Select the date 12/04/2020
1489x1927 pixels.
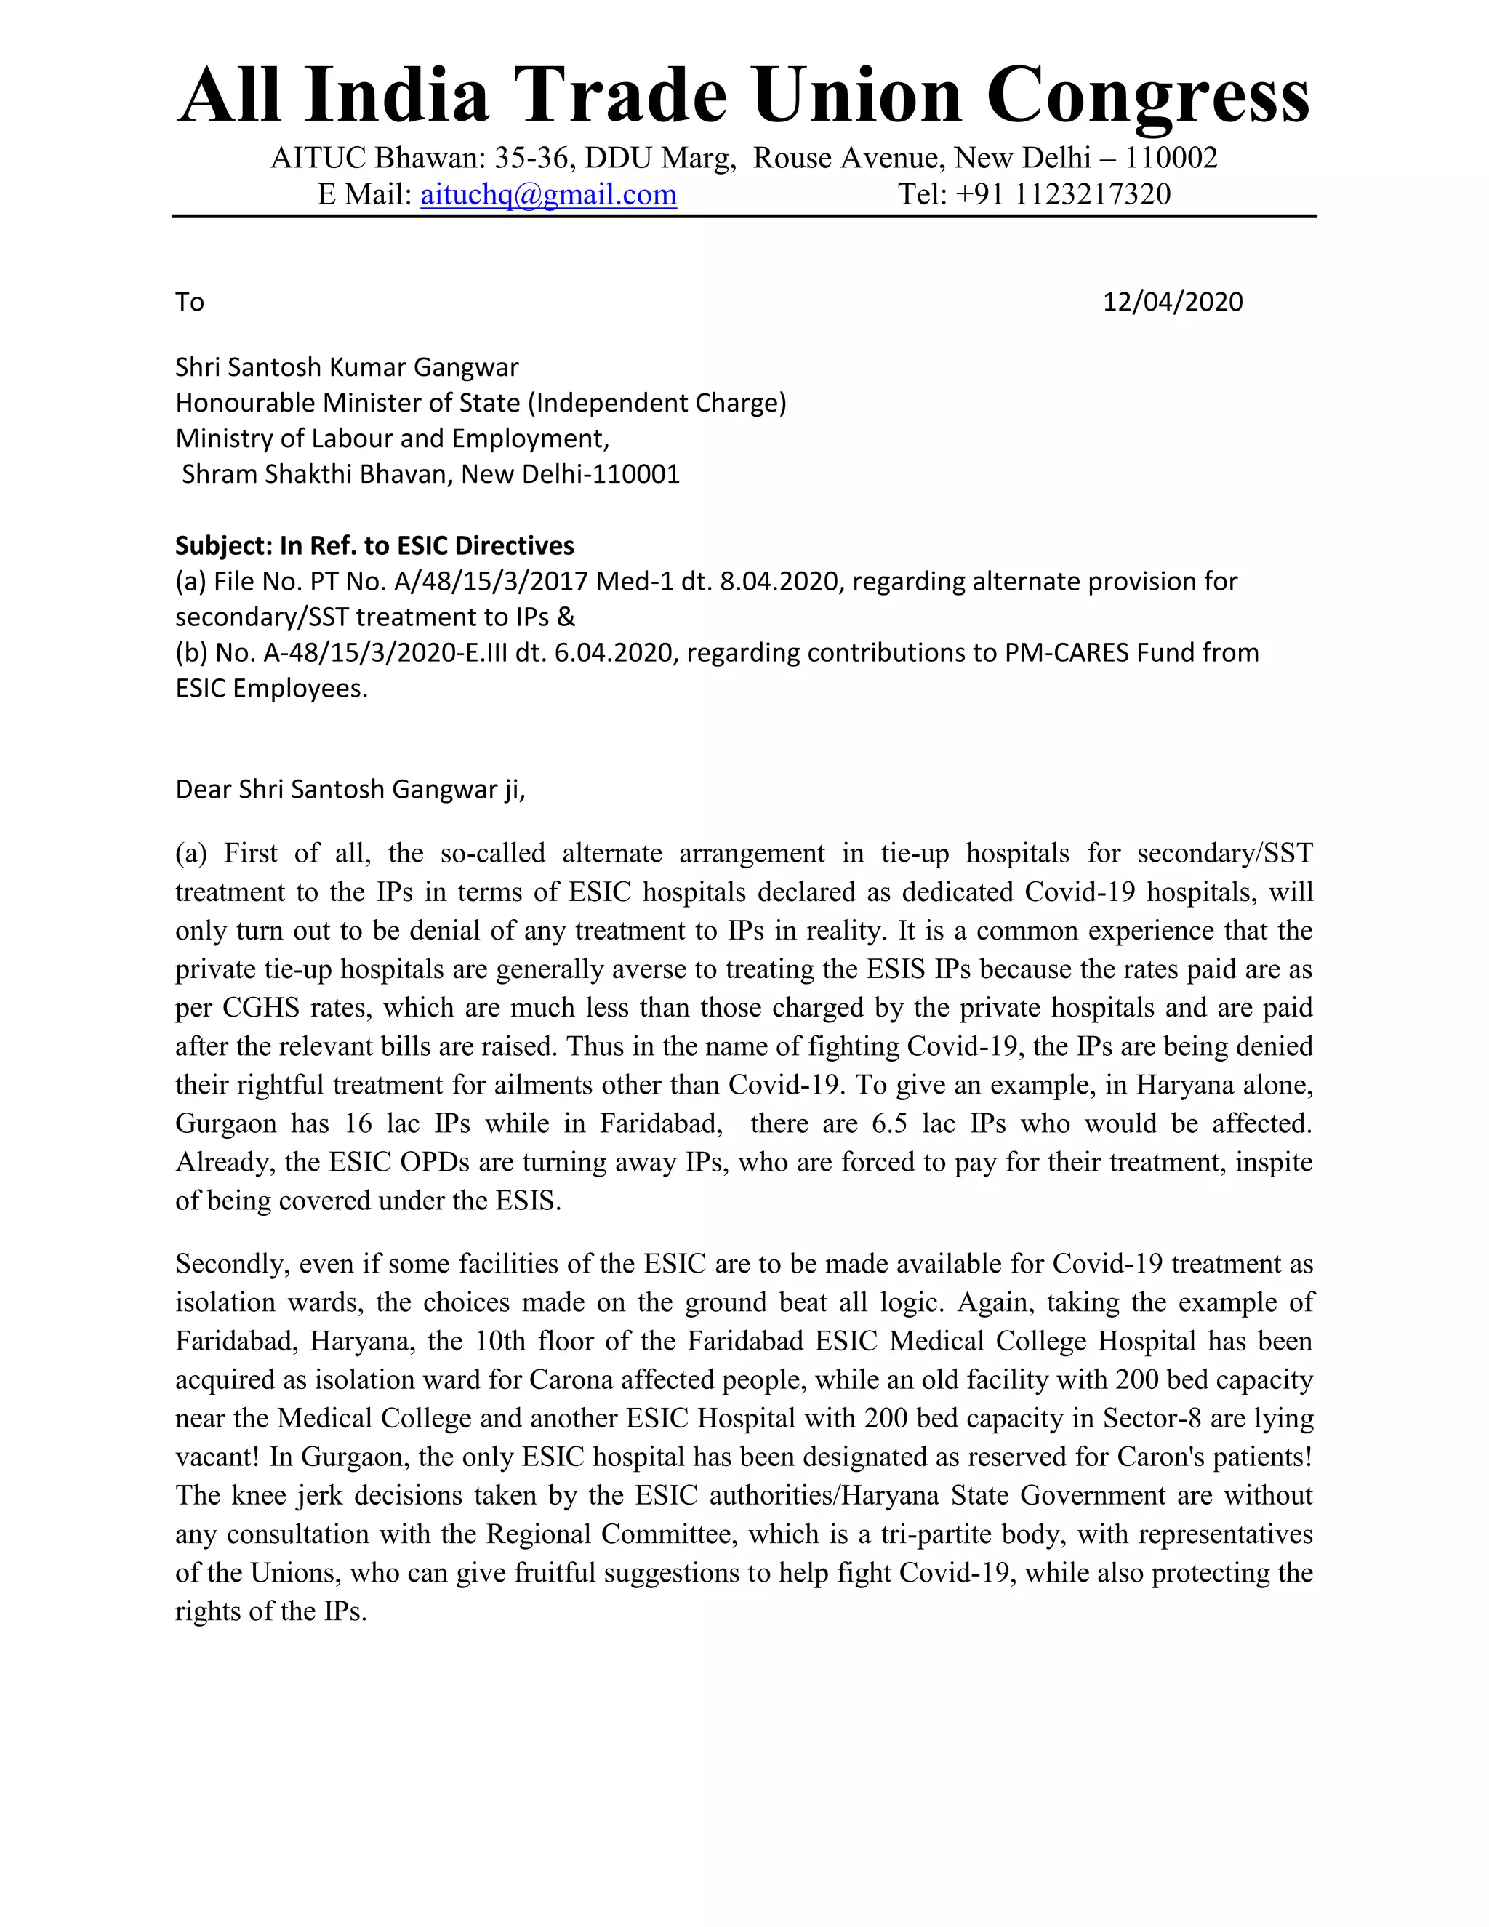pos(1172,302)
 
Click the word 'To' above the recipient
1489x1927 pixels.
pos(190,302)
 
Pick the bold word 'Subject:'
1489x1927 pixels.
pos(224,546)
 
